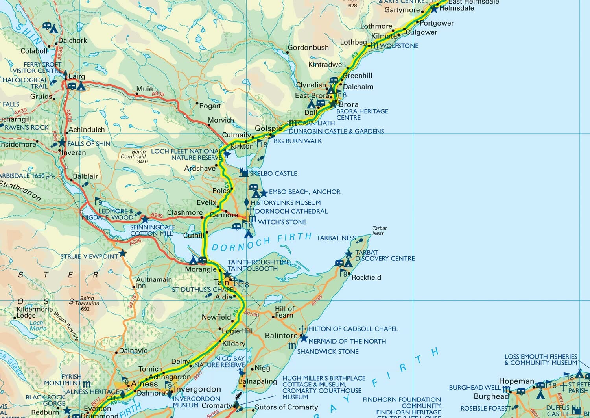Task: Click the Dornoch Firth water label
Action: (x=262, y=242)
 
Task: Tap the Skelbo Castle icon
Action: (x=244, y=173)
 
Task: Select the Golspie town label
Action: (x=268, y=128)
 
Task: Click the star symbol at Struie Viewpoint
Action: (x=123, y=253)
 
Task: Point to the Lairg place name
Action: (x=77, y=76)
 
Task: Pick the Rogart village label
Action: (x=210, y=106)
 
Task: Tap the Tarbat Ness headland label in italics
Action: (x=379, y=230)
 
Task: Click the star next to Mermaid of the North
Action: (x=303, y=338)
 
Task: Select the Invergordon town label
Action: (x=197, y=389)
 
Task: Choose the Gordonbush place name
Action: (x=308, y=48)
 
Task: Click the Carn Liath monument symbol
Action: (x=293, y=123)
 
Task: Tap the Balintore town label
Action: (x=281, y=336)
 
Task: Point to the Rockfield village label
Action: (x=366, y=277)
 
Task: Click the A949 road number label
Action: (x=157, y=215)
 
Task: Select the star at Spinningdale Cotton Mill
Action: (x=145, y=219)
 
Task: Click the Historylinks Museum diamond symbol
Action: (x=247, y=202)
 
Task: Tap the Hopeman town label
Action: (x=516, y=381)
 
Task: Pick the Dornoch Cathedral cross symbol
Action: (x=251, y=210)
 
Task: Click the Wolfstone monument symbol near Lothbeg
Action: (x=375, y=46)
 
